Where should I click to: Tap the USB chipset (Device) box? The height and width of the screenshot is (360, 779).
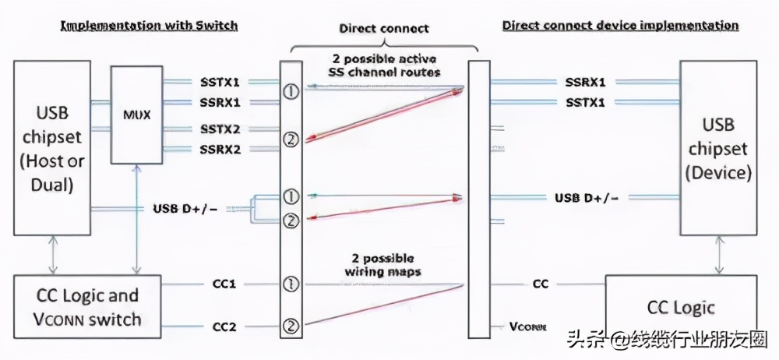(718, 148)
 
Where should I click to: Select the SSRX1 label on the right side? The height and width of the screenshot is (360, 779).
(586, 81)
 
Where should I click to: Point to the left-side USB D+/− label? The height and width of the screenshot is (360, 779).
(185, 208)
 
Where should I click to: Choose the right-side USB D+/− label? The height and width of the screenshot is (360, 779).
(587, 198)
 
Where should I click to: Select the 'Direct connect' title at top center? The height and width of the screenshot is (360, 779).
(384, 29)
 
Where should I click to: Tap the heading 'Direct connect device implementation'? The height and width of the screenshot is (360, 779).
(620, 26)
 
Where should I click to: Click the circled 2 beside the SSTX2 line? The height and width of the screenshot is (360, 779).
(291, 139)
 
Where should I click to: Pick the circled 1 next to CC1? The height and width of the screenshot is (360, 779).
(291, 284)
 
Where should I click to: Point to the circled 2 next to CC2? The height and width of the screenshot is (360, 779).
(291, 326)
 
